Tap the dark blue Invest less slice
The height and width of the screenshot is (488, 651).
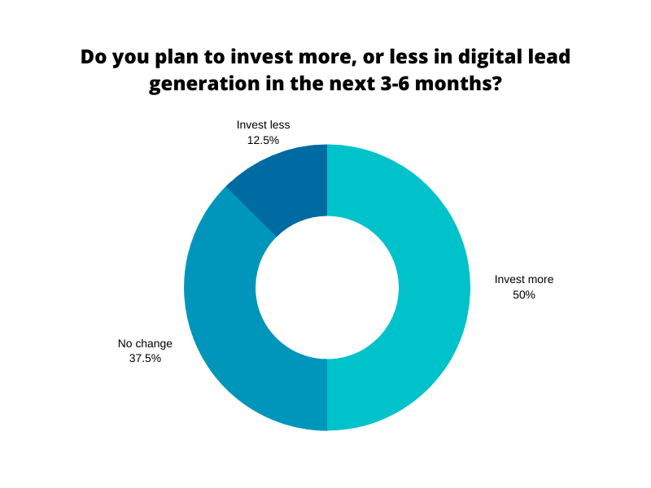pyautogui.click(x=285, y=183)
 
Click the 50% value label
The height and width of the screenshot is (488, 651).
pyautogui.click(x=524, y=295)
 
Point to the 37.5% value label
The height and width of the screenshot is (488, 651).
pyautogui.click(x=145, y=358)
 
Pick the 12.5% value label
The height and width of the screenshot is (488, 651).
pyautogui.click(x=263, y=140)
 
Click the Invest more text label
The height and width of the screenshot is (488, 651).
pyautogui.click(x=524, y=280)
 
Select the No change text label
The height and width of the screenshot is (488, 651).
pyautogui.click(x=145, y=344)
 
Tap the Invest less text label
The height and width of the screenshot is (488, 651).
pyautogui.click(x=263, y=125)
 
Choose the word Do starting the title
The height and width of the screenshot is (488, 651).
pyautogui.click(x=94, y=58)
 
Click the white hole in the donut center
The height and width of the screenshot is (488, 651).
pyautogui.click(x=327, y=287)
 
